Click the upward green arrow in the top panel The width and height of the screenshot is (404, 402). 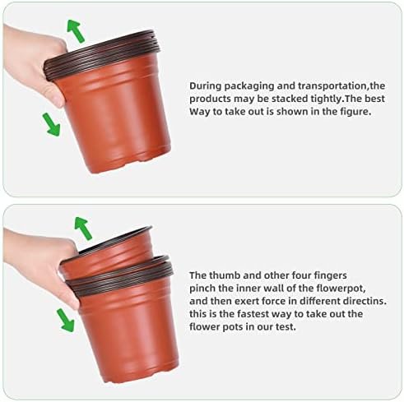coord(76,31)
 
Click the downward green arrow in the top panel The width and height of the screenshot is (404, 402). coord(51,125)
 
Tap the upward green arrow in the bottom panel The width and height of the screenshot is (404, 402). coord(83,229)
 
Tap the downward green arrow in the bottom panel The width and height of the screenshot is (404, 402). coord(65,320)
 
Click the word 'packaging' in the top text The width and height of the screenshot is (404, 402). coord(249,86)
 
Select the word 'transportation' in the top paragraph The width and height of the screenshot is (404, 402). coord(332,86)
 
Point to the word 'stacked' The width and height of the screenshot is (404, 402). coord(290,99)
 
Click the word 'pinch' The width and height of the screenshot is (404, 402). coord(201,289)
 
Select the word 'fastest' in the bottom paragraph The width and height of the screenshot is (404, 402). coord(253,314)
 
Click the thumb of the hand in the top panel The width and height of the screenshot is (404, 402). coord(55,96)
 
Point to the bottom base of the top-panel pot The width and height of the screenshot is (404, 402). coord(129,162)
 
